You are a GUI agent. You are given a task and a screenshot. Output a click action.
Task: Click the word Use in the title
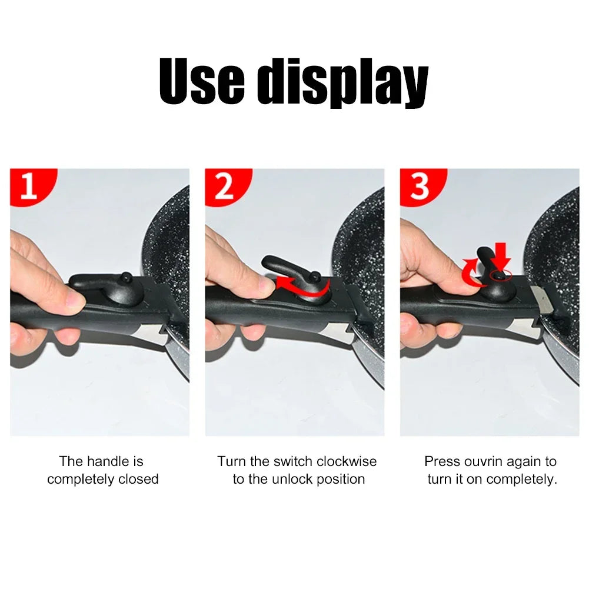(x=201, y=82)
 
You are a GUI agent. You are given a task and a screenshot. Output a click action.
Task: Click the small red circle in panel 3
(x=501, y=275)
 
